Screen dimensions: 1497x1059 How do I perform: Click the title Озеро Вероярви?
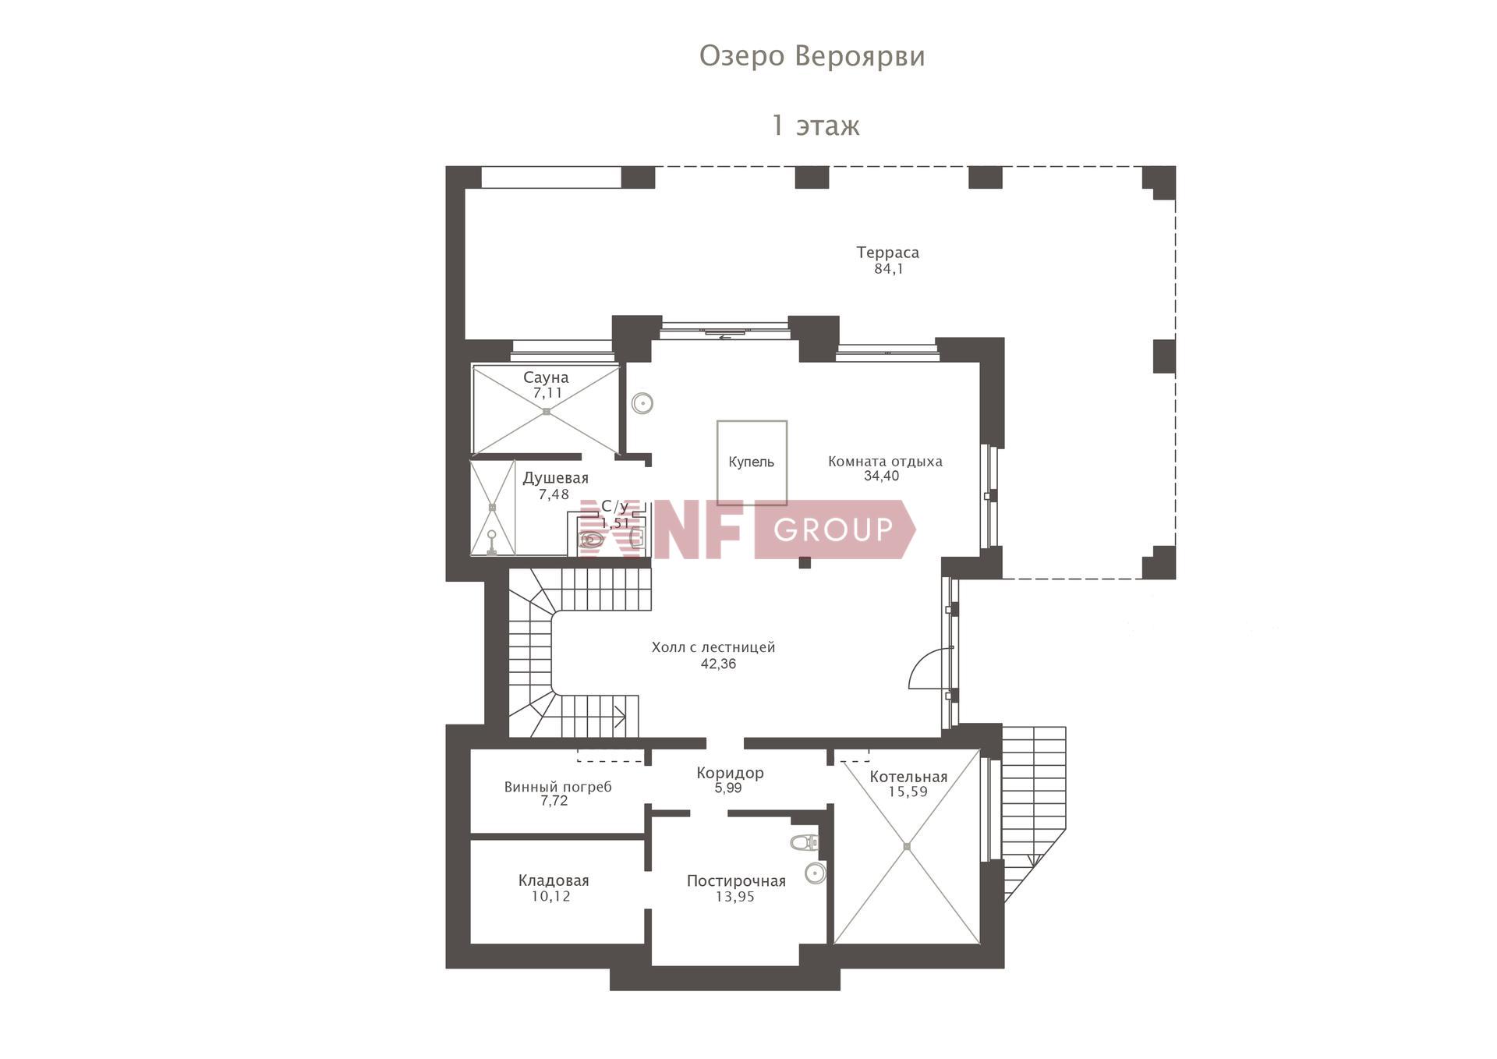point(812,57)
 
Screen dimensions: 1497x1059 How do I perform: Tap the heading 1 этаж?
point(816,126)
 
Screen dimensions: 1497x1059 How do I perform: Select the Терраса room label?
point(887,253)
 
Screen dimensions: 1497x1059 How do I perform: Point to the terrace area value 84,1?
point(889,269)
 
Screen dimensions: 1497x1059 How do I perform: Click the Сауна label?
point(546,377)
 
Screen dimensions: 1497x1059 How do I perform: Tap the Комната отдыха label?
point(885,462)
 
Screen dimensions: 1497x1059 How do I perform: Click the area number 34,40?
point(881,476)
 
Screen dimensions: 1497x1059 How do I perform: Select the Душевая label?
point(555,478)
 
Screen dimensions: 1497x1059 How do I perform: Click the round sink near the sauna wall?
point(642,403)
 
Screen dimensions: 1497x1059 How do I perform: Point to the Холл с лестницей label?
point(713,647)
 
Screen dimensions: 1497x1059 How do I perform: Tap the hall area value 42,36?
point(718,664)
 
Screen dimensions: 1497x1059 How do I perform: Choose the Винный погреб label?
point(557,788)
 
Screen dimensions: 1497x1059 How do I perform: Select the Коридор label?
point(730,773)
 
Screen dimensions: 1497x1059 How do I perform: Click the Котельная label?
point(908,777)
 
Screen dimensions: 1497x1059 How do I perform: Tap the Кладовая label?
point(554,881)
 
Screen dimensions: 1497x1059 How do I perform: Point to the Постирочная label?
point(736,881)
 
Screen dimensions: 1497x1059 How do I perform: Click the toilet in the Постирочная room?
point(804,842)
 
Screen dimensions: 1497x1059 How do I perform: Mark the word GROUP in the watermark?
point(833,530)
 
